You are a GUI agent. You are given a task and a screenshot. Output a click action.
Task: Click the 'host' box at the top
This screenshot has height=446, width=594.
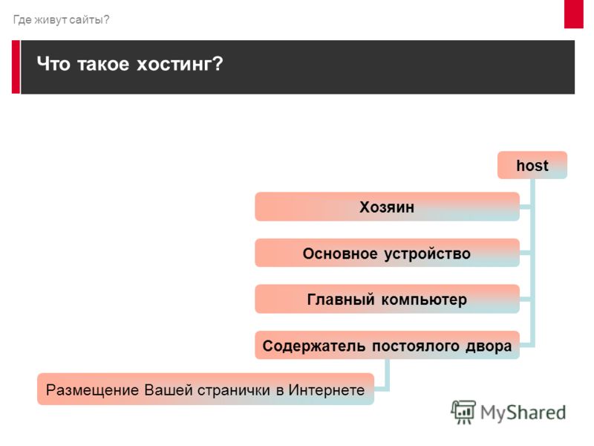tap(532, 165)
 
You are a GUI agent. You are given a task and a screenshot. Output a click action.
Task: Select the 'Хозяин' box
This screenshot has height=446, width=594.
tap(387, 207)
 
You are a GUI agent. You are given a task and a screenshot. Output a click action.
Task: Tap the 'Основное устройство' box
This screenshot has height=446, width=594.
tap(387, 253)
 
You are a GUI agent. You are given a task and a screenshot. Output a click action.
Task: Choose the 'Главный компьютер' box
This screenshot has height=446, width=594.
tap(387, 300)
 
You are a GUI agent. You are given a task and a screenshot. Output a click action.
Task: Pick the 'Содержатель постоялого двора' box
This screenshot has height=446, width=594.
tap(387, 346)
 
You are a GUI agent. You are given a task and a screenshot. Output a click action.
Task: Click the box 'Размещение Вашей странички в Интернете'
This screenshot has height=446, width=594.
tap(206, 390)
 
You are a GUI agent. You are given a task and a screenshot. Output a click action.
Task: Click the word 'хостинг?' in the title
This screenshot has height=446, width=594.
tap(180, 64)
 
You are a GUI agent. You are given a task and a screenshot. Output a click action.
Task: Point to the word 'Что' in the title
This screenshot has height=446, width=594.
tap(53, 63)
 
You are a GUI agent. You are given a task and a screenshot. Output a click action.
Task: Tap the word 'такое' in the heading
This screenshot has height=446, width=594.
tap(103, 64)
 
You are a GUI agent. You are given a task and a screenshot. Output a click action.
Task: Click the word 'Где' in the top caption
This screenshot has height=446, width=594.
tap(22, 19)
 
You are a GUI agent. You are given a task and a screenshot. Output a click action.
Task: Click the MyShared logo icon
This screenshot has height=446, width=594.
tap(463, 412)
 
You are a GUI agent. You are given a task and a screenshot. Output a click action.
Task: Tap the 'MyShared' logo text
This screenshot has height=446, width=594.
tap(523, 413)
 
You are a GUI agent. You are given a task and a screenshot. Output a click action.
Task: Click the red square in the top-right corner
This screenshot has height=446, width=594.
tap(573, 14)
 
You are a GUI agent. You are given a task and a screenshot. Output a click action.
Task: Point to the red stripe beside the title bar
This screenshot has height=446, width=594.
tap(16, 67)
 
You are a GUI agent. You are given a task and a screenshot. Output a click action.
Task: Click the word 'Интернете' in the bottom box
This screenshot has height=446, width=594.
tap(327, 390)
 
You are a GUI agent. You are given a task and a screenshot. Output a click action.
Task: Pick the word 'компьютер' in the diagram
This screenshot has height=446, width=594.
tap(424, 300)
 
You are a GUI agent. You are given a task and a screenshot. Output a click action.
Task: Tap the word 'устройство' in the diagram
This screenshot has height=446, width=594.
tap(428, 253)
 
